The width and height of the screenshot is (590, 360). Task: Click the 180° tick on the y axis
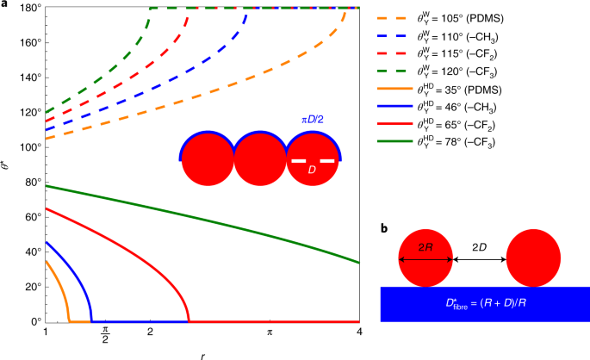[x=27, y=8]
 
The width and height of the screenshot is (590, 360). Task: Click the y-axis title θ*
[x=7, y=164]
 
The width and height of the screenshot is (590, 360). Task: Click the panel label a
[x=4, y=5]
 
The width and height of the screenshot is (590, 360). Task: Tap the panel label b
[x=384, y=229]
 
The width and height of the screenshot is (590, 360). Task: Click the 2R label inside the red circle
[x=425, y=245]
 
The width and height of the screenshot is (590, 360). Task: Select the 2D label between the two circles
[x=481, y=245]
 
